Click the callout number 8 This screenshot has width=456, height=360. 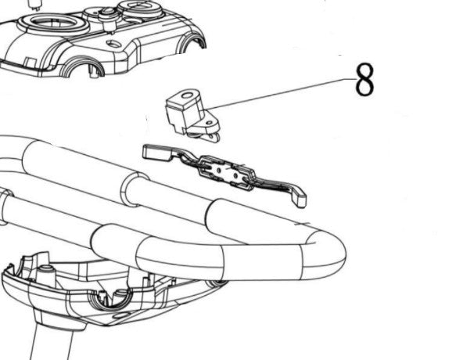click(364, 80)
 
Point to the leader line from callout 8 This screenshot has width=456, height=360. click(280, 93)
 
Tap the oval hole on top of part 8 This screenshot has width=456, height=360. click(187, 95)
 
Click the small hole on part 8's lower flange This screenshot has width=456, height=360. click(209, 124)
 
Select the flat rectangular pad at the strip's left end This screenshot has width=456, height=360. click(156, 153)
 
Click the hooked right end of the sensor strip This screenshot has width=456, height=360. click(298, 198)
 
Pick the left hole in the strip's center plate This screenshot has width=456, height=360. click(221, 169)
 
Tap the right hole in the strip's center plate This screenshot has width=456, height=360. click(235, 175)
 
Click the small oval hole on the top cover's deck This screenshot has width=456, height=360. click(113, 44)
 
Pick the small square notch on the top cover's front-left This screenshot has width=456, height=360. click(30, 63)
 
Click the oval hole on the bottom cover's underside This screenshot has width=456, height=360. click(121, 315)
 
